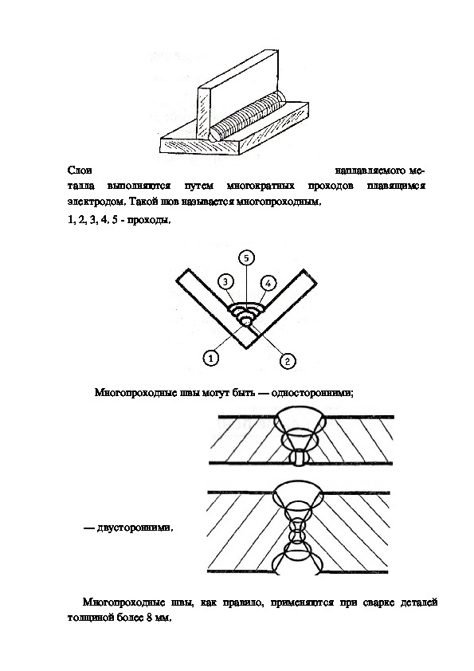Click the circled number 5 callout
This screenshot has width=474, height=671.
pos(246,258)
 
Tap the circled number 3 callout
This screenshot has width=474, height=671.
pos(225,282)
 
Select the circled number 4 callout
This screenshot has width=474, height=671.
pos(268,283)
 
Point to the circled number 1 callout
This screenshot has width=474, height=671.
pos(210,357)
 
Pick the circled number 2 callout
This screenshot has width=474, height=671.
pos(288,361)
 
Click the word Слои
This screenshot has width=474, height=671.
pos(80,171)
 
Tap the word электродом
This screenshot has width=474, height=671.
pos(96,202)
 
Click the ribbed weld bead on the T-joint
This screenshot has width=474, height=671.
pos(248,116)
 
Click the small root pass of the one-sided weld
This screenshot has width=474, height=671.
pos(298,458)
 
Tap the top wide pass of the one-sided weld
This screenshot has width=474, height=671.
pos(302,418)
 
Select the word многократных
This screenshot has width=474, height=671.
pos(261,186)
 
